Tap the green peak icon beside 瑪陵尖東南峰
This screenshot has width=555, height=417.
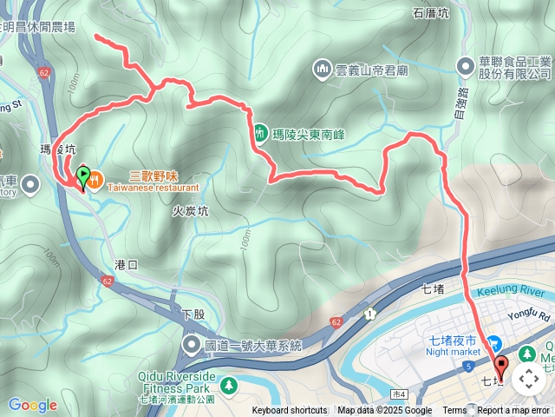[x=259, y=134]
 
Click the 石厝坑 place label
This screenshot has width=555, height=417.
[x=431, y=13]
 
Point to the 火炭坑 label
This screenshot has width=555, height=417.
[x=189, y=210]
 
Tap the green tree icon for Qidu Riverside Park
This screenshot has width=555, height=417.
[x=228, y=384]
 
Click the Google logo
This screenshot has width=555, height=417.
[x=32, y=405]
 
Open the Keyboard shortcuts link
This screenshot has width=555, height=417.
[x=290, y=411]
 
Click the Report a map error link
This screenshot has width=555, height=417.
[x=514, y=411]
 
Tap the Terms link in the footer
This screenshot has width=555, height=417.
[x=454, y=411]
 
